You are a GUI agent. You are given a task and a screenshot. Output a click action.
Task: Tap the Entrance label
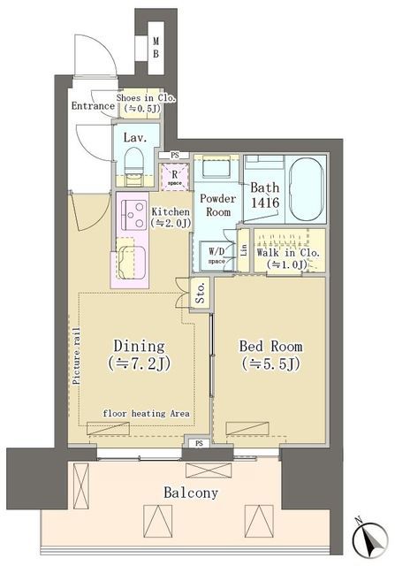[93, 106]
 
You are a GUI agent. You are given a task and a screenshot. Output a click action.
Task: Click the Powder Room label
[215, 206]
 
